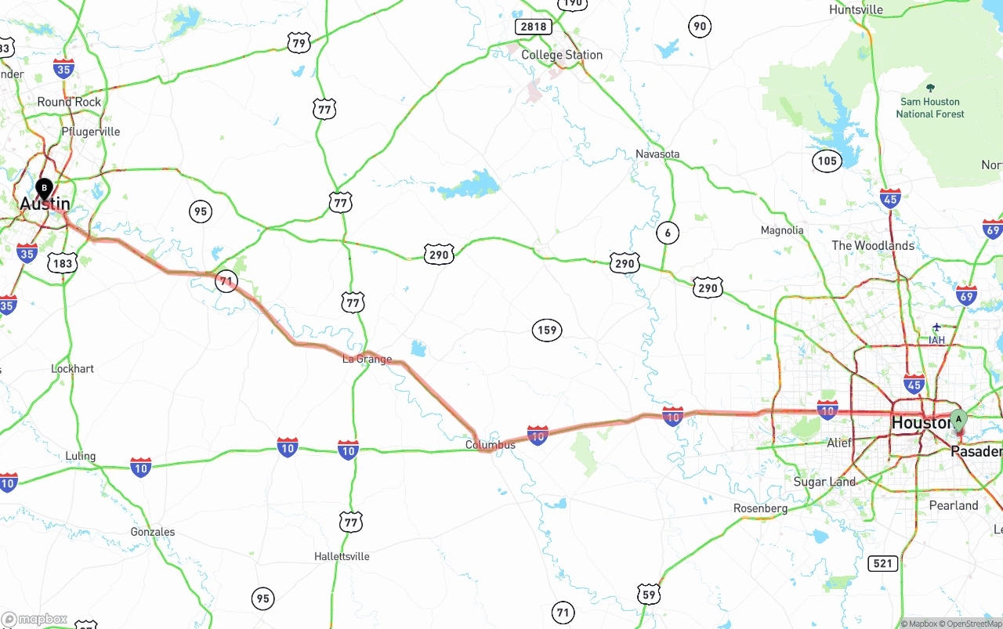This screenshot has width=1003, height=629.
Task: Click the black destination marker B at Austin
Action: (45, 189)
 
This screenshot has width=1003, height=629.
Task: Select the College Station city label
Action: (562, 55)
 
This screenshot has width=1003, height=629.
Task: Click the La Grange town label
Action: (367, 360)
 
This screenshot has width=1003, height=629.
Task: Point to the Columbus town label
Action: (491, 445)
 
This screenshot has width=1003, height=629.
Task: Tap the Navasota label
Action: (657, 154)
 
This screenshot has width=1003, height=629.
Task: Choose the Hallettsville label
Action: (342, 556)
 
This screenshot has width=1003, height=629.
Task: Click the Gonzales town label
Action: (153, 532)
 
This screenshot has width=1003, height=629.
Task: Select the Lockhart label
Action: (72, 368)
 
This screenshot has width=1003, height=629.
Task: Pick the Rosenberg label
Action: (760, 508)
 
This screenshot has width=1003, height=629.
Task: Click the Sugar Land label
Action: (824, 482)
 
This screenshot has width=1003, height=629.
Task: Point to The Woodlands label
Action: (873, 245)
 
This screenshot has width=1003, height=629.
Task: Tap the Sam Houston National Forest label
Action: (930, 107)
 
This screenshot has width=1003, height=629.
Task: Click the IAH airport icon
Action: (936, 327)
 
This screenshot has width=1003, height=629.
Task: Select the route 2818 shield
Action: (533, 27)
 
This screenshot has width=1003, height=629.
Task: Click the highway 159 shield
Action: (547, 330)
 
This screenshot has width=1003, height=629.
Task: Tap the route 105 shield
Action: (827, 161)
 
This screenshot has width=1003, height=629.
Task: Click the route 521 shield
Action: (883, 563)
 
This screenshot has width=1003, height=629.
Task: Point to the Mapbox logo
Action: (34, 620)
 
